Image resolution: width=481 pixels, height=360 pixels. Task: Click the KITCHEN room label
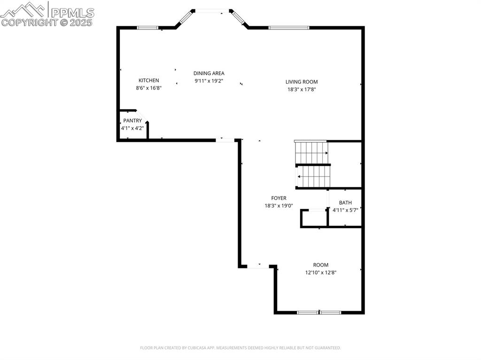point(148,80)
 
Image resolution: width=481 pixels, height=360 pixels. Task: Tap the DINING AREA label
point(209,73)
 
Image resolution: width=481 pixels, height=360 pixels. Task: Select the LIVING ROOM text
point(302,82)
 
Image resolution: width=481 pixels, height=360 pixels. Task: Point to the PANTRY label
point(132,121)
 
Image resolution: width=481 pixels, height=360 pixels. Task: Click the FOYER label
point(279,198)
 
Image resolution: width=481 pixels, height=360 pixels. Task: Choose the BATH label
point(345,203)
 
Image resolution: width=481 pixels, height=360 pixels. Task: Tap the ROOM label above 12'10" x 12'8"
point(321,265)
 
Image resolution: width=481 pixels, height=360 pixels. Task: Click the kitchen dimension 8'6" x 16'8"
point(148,88)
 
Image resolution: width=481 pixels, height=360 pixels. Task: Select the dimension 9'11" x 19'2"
point(209,81)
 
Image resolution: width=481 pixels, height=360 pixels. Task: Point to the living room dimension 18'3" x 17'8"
point(302,89)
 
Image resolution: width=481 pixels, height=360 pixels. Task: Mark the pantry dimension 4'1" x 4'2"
point(132,128)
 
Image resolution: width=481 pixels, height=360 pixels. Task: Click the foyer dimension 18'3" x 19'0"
point(279,206)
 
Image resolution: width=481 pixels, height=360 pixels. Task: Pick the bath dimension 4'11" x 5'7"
point(345,210)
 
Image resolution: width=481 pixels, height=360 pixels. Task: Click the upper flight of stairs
point(311,152)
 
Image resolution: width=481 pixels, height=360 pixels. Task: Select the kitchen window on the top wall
point(147,28)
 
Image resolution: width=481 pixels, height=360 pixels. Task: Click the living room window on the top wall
point(289,28)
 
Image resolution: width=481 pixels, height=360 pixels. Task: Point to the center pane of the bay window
point(210,11)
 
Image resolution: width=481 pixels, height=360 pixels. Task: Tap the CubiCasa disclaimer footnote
point(240,348)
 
